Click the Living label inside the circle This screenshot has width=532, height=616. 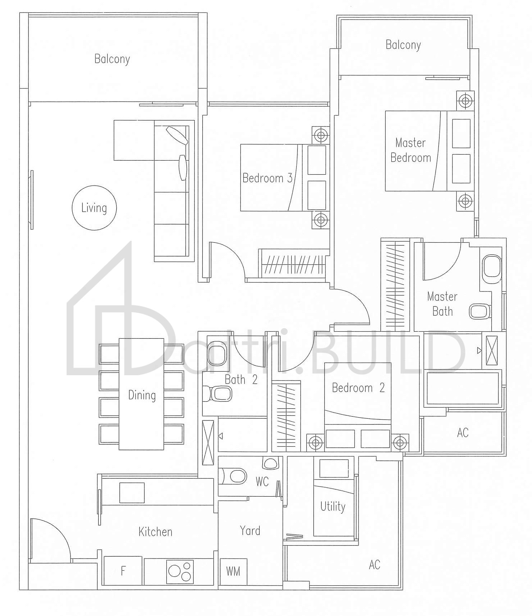(94, 208)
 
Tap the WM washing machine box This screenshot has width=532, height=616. (233, 571)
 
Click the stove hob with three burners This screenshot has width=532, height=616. (180, 571)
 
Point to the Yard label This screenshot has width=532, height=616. (250, 530)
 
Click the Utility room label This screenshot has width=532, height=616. (333, 506)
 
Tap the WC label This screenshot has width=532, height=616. (262, 482)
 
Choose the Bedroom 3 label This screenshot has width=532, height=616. (267, 178)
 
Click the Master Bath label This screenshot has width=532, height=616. (442, 304)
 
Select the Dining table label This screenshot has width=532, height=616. (142, 395)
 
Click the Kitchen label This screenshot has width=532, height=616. (155, 532)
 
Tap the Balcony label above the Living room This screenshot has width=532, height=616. (112, 59)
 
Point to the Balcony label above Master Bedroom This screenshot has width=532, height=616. (403, 45)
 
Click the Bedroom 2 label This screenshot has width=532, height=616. (359, 388)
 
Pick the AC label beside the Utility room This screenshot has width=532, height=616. (374, 565)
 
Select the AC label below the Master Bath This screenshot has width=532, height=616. (463, 432)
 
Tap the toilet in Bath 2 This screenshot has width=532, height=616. (217, 394)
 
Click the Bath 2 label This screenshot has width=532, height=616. (241, 380)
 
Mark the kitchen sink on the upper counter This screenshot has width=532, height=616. (132, 493)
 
